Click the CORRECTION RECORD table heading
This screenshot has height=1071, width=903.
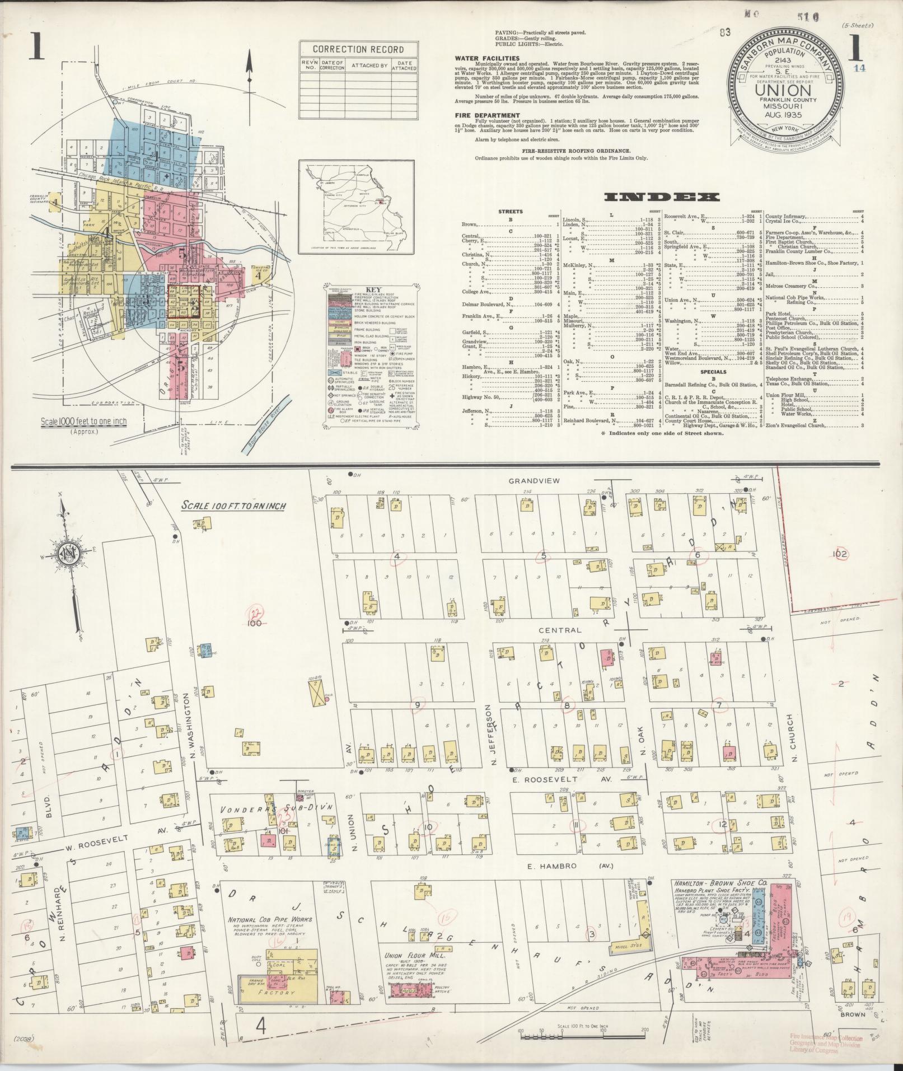point(358,48)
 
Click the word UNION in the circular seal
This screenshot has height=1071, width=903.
point(787,89)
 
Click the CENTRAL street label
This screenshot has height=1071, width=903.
point(560,630)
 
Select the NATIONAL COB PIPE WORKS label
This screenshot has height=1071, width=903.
point(270,919)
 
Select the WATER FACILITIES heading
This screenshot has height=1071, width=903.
point(487,58)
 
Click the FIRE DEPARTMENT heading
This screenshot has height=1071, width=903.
point(483,115)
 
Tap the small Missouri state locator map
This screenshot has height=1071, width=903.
point(357,205)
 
